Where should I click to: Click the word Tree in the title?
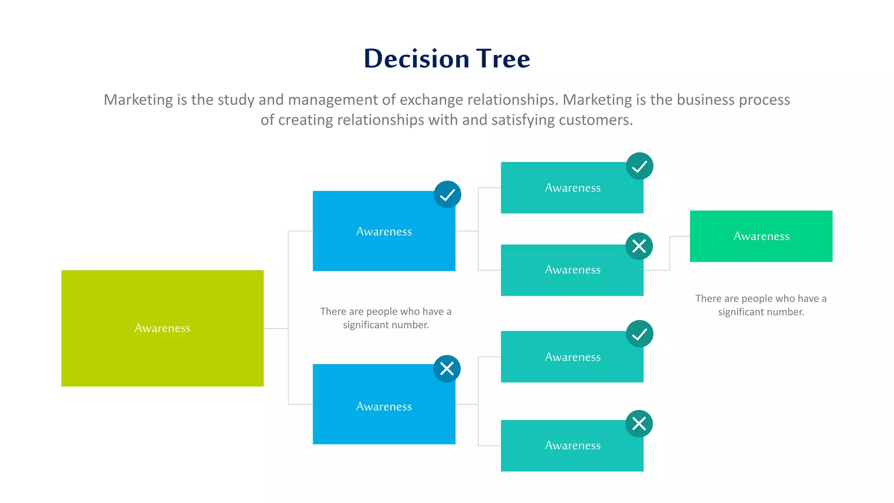(503, 59)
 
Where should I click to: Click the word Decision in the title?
(416, 59)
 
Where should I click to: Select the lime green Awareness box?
(162, 328)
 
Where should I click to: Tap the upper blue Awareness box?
(384, 231)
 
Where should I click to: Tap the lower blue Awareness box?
(384, 406)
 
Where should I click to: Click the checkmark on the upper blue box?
(447, 195)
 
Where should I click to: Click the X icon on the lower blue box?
(447, 369)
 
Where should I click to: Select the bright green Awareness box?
(761, 236)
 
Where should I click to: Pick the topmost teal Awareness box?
(572, 188)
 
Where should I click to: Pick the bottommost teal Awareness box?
(572, 446)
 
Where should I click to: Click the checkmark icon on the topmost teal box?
(640, 166)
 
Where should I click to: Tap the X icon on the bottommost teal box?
(639, 424)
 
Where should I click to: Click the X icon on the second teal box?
(639, 246)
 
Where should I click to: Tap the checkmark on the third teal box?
(640, 334)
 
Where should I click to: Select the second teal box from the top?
(572, 270)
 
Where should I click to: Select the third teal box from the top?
(572, 357)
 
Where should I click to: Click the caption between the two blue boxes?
(385, 318)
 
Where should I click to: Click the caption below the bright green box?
(761, 305)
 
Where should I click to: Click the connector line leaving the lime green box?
(276, 328)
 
